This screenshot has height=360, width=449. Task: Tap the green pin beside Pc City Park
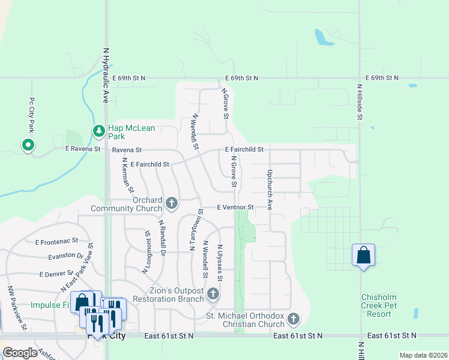coord(27,145)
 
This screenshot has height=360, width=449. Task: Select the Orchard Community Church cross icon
coord(172,203)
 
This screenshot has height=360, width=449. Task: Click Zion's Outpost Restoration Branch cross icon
coord(213,293)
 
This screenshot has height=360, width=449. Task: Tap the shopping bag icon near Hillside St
coord(363,255)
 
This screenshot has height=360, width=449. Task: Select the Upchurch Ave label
coord(270,189)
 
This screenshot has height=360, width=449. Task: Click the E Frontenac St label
coord(56,242)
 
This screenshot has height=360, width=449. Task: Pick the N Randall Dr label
coord(161,238)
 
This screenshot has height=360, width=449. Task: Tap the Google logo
coord(20,353)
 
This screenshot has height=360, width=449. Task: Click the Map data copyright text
coord(423,355)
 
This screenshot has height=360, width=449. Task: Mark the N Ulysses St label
coord(220,263)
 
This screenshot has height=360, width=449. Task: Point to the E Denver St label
coord(56,274)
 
